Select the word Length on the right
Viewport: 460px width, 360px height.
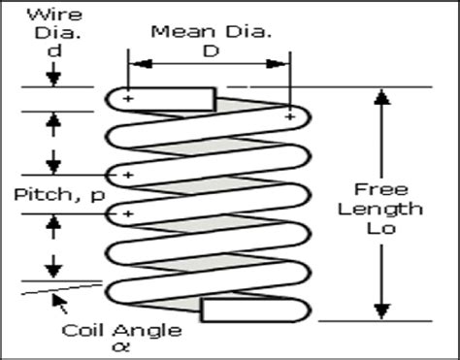tap(389, 209)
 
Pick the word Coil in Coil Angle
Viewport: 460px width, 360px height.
tap(83, 328)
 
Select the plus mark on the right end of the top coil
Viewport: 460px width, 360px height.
tap(290, 117)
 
